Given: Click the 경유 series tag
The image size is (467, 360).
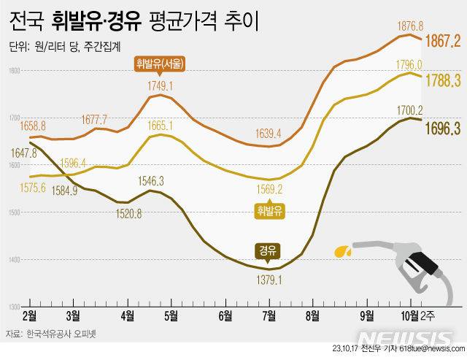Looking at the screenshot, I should pos(267,250).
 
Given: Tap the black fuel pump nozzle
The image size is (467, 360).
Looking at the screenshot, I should pos(417,267).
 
